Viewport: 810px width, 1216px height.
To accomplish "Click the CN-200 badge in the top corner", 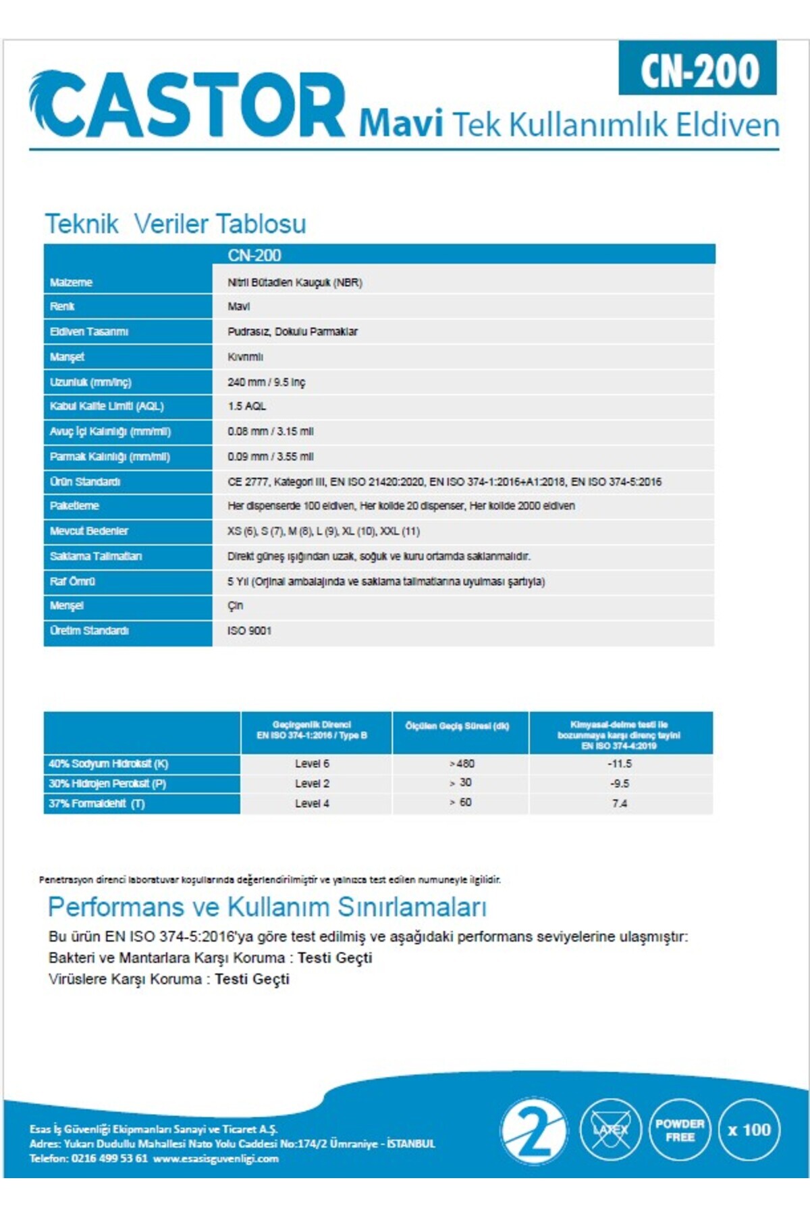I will coord(698,70).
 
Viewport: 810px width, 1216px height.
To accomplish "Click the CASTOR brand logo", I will coord(187,105).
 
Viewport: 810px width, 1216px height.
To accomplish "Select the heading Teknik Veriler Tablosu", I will coord(175,224).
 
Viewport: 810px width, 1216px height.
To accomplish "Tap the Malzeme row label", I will coord(71,282).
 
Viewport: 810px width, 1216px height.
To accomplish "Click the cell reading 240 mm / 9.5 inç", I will coord(266,382).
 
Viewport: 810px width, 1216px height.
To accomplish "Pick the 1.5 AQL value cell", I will coord(247,406).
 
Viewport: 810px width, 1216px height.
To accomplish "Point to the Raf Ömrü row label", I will coord(72,581).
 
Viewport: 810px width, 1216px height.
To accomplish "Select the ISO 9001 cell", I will coord(249,631).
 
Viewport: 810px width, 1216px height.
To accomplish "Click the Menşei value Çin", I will coord(235,606).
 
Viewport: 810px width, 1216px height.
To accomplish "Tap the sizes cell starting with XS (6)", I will coord(323,531).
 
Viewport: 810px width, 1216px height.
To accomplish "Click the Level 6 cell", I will coord(312,763).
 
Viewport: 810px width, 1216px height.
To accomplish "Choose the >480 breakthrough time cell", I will coord(462,763).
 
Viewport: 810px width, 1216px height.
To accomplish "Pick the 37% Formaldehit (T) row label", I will coord(97,804).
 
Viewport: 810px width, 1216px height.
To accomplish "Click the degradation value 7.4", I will coord(620,803).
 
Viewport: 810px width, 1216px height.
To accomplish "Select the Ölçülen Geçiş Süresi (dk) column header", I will coord(457,726).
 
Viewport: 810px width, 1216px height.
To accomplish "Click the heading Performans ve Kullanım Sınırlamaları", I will coord(267,907).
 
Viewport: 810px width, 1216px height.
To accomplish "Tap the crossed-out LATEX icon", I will coord(610,1129).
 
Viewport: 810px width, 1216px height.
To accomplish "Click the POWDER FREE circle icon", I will coord(680,1129).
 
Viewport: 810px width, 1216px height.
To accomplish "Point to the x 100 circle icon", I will coord(749,1130).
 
